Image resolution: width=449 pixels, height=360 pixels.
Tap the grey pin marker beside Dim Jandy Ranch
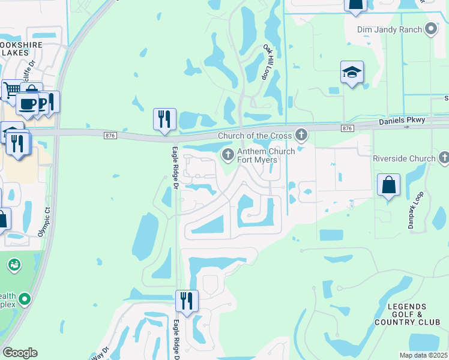click(x=430, y=28)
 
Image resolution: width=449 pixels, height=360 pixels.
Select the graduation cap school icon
click(x=352, y=73)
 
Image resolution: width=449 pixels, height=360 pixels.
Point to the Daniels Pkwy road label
click(x=402, y=121)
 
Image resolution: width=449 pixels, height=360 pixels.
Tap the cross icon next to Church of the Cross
click(x=301, y=135)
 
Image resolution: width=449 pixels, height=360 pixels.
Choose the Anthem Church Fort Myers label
click(x=266, y=156)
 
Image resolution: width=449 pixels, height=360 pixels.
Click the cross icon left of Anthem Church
click(x=228, y=155)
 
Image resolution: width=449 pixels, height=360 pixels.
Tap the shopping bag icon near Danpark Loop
click(x=389, y=185)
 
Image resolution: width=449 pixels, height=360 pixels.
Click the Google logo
click(x=20, y=353)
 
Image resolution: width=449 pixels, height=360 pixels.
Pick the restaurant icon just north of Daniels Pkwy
click(x=164, y=119)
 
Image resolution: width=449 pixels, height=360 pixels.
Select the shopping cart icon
click(x=11, y=90)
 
